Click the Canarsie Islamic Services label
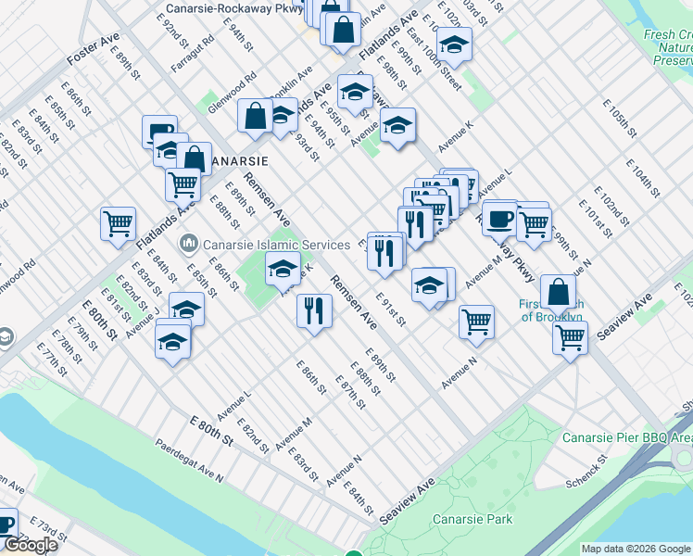(262, 244)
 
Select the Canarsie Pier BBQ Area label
(627, 436)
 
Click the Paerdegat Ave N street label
(189, 461)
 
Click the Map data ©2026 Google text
(635, 549)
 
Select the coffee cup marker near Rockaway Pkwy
(499, 220)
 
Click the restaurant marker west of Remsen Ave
(314, 311)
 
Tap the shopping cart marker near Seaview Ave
(570, 337)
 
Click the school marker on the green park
(283, 271)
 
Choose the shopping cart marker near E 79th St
(119, 223)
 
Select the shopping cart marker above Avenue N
(476, 322)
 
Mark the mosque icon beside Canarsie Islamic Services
(189, 244)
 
